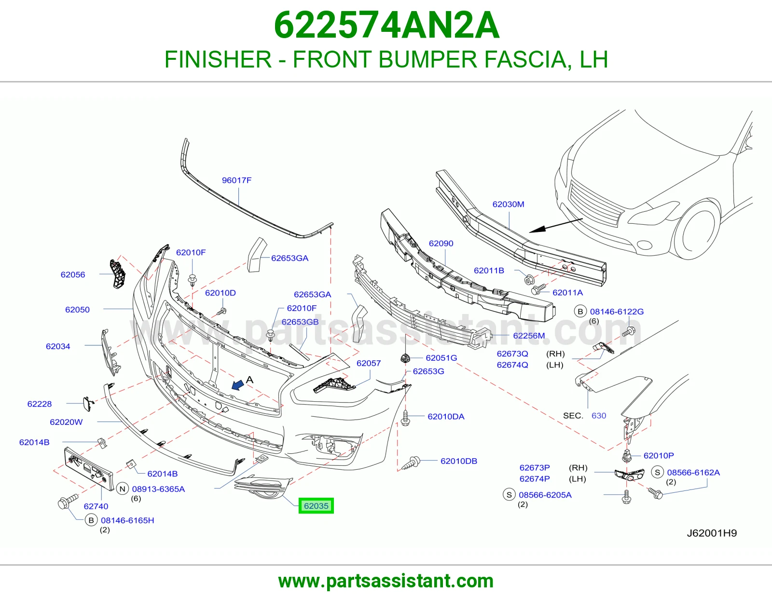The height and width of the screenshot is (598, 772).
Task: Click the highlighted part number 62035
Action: click(316, 506)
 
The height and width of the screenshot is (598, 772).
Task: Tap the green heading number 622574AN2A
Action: click(386, 25)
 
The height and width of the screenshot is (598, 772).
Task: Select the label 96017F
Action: click(236, 180)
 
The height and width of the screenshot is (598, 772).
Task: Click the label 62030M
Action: click(508, 204)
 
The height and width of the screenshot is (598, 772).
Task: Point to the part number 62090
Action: click(441, 243)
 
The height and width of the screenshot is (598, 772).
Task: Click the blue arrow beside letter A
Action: click(238, 384)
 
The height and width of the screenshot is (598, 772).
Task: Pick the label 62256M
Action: click(529, 336)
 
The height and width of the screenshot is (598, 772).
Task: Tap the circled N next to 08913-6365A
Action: click(123, 489)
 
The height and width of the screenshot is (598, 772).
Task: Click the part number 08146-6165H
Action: click(127, 520)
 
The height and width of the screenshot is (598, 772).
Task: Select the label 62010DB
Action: click(459, 461)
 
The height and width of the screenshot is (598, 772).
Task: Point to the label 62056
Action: click(73, 274)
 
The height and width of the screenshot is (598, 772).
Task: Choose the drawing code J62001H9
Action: click(712, 533)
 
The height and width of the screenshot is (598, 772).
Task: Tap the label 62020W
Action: click(66, 422)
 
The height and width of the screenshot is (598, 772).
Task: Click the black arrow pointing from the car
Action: click(556, 226)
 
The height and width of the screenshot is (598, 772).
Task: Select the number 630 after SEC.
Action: click(599, 416)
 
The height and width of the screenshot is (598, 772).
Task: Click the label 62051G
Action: click(441, 358)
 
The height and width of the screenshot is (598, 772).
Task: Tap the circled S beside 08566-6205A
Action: click(509, 495)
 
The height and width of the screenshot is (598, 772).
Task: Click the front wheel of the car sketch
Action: click(694, 230)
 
